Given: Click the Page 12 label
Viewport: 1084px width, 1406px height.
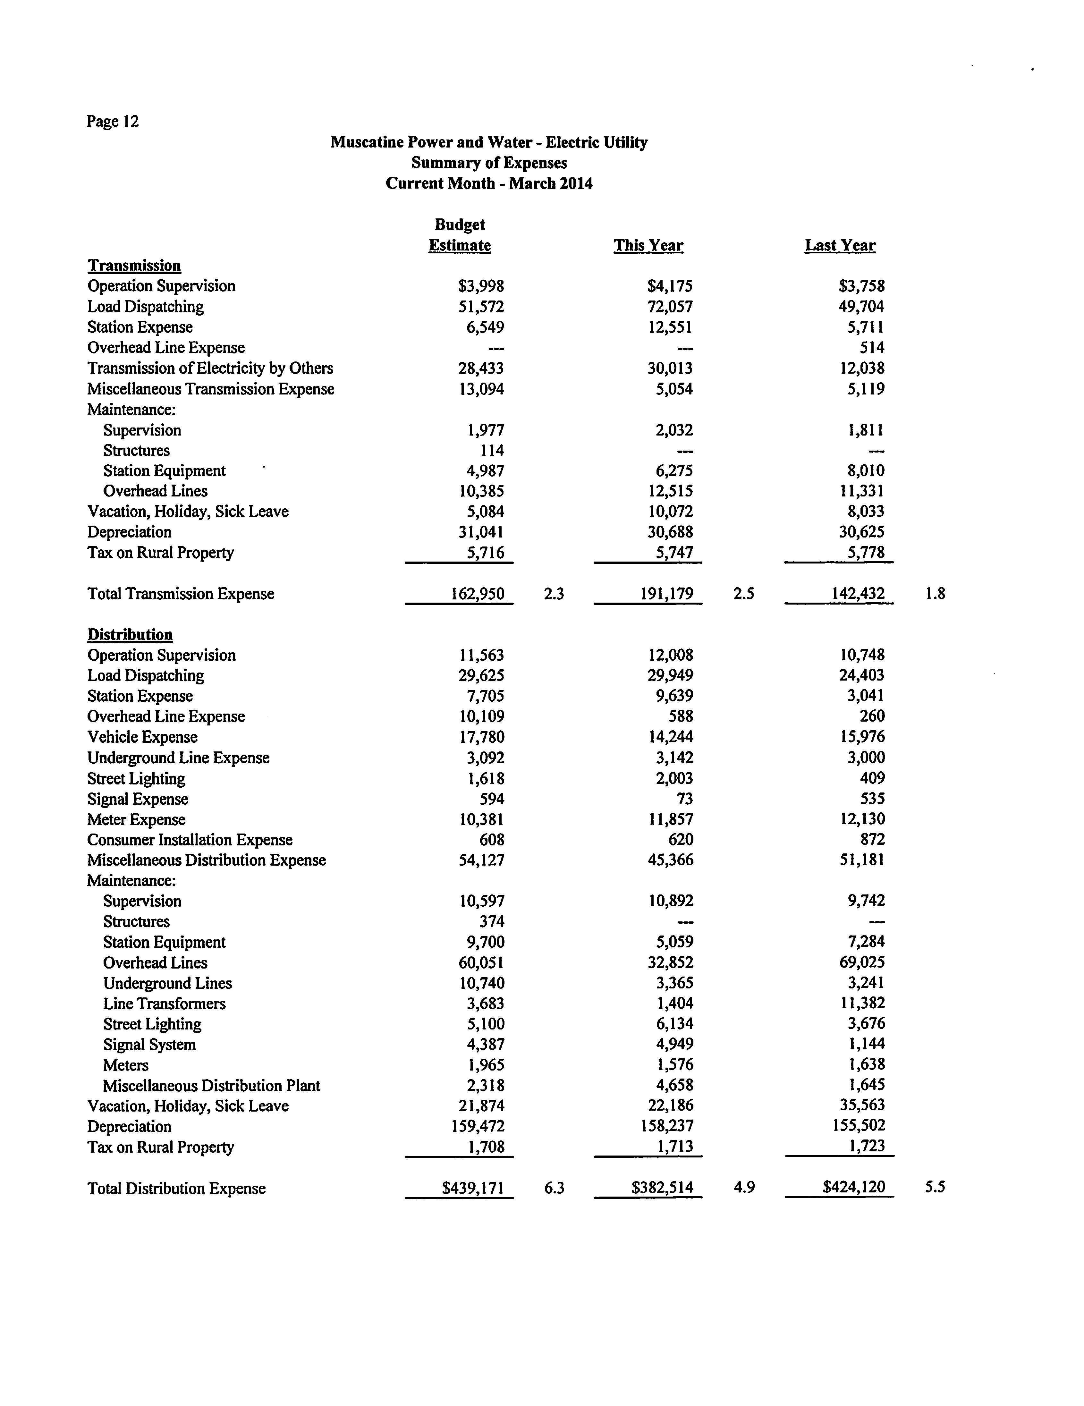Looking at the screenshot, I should point(113,122).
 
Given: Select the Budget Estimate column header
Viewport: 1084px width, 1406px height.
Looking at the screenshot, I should point(460,236).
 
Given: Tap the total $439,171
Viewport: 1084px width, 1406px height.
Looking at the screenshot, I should point(472,1188).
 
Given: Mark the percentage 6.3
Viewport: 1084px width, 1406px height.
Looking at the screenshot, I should point(554,1188).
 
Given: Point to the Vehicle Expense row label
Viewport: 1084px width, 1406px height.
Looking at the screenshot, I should point(142,737).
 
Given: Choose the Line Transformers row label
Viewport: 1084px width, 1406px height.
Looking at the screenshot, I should point(164,1004).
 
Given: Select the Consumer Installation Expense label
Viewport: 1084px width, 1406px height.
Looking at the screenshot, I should point(190,840).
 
